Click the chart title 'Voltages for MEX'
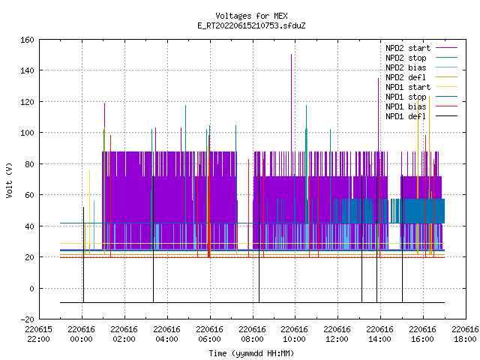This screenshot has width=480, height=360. pyautogui.click(x=251, y=16)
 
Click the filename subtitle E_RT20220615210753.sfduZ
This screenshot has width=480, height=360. pyautogui.click(x=251, y=25)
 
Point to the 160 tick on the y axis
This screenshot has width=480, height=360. pyautogui.click(x=27, y=40)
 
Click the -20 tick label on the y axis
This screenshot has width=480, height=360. pyautogui.click(x=27, y=319)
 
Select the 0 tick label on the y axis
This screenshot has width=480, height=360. pyautogui.click(x=31, y=288)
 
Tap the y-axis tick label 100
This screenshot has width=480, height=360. pyautogui.click(x=27, y=133)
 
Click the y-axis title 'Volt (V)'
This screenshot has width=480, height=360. pyautogui.click(x=10, y=180)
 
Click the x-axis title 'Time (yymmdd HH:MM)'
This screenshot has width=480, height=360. pyautogui.click(x=251, y=353)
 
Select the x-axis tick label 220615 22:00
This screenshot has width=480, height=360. pyautogui.click(x=38, y=334)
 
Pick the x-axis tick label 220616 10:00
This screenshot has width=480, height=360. pyautogui.click(x=294, y=334)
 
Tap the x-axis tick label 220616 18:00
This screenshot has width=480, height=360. pyautogui.click(x=465, y=334)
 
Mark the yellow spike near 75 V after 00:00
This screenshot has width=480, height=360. pyautogui.click(x=89, y=212)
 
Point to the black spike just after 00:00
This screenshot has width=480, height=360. pyautogui.click(x=83, y=255)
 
